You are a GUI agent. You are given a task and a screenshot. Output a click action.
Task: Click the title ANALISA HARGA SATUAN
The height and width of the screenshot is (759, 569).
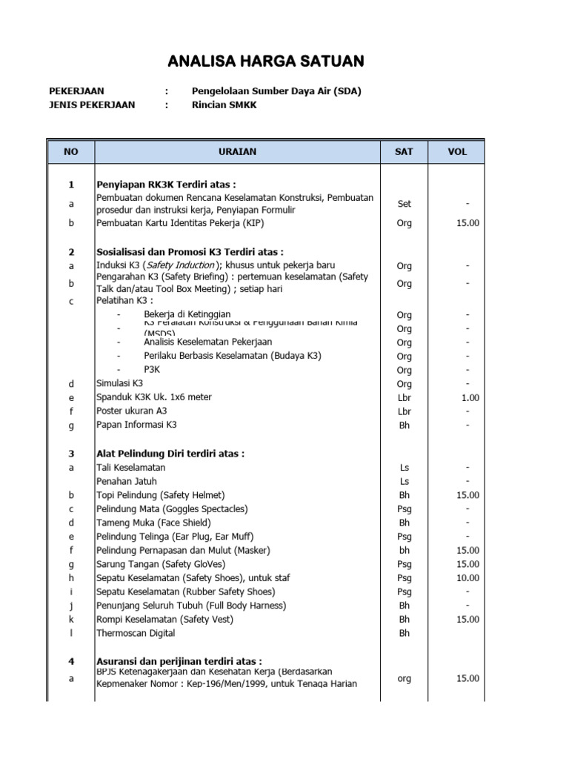click(x=265, y=60)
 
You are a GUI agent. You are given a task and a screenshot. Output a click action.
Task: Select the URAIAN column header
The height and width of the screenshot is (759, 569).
click(x=237, y=151)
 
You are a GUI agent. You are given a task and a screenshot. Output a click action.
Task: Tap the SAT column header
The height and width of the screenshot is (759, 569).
click(x=404, y=151)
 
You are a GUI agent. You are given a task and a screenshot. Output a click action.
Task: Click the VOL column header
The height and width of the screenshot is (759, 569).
click(x=457, y=151)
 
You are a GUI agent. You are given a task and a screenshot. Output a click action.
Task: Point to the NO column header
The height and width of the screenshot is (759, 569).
click(x=70, y=151)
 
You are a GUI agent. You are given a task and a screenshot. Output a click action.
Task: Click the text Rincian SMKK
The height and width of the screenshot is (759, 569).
click(x=227, y=105)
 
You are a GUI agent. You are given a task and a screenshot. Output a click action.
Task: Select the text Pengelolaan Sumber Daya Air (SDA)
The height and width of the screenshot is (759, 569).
click(x=276, y=91)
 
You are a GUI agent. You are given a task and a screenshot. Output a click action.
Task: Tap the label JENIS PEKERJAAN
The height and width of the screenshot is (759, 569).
click(x=92, y=105)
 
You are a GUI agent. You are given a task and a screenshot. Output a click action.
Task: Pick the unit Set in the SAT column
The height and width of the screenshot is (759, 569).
click(x=404, y=204)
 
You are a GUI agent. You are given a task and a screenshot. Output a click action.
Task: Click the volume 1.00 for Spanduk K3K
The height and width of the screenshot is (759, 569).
click(x=469, y=398)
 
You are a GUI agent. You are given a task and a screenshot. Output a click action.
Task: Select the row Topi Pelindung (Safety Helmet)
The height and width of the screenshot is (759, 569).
click(x=161, y=494)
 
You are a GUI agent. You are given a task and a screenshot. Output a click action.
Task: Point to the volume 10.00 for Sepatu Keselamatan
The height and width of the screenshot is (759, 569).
click(x=468, y=578)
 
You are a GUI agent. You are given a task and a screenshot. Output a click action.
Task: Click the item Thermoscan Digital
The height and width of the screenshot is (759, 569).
click(x=136, y=633)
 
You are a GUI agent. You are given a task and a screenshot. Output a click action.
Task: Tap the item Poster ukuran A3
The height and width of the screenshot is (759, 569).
click(x=132, y=411)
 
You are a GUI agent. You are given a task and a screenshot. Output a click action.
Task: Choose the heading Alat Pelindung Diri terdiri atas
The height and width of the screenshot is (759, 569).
click(x=170, y=453)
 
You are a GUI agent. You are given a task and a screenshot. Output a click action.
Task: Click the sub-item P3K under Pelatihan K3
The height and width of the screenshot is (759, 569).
click(x=152, y=369)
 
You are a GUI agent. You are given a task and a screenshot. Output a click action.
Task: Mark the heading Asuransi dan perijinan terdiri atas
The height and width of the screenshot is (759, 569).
click(x=179, y=660)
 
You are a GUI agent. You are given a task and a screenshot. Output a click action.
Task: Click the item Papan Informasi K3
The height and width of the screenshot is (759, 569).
click(x=137, y=425)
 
